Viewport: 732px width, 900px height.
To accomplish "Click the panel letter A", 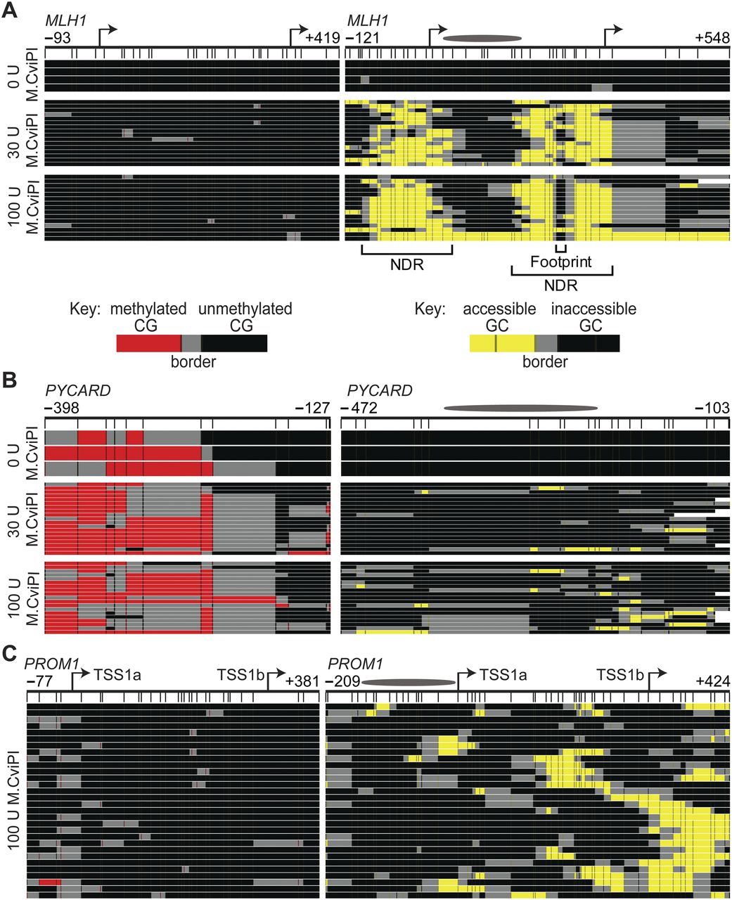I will pyautogui.click(x=11, y=9).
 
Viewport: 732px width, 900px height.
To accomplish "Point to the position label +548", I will pyautogui.click(x=713, y=37).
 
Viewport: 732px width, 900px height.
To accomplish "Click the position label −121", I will pyautogui.click(x=361, y=37).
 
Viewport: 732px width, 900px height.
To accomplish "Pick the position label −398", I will pyautogui.click(x=63, y=409).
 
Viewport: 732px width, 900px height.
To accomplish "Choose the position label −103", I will pyautogui.click(x=713, y=409).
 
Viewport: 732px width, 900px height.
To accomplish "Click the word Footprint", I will pyautogui.click(x=561, y=262).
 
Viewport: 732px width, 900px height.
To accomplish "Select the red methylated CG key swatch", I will pyautogui.click(x=148, y=343).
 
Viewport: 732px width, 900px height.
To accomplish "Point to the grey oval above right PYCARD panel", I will pyautogui.click(x=520, y=408).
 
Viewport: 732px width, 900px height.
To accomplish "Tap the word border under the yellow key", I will pyautogui.click(x=546, y=363).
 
